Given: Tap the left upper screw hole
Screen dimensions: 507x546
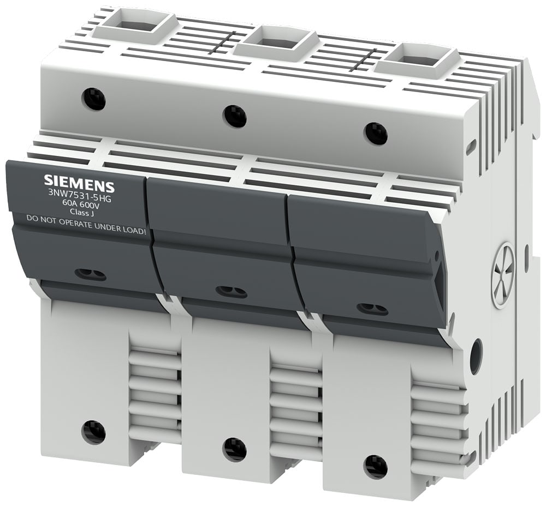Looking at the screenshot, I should point(94,99).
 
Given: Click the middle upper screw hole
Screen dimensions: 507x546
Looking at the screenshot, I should point(235,116).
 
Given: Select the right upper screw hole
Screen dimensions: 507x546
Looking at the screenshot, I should point(376,134).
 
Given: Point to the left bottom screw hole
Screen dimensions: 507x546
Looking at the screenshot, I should point(94,432).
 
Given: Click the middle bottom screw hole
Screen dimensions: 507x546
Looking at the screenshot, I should point(235,449).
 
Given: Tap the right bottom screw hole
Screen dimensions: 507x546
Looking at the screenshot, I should point(376,467).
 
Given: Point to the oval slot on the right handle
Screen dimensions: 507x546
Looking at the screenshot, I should point(372,309).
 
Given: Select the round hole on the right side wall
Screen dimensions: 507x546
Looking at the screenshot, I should point(476,356).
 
